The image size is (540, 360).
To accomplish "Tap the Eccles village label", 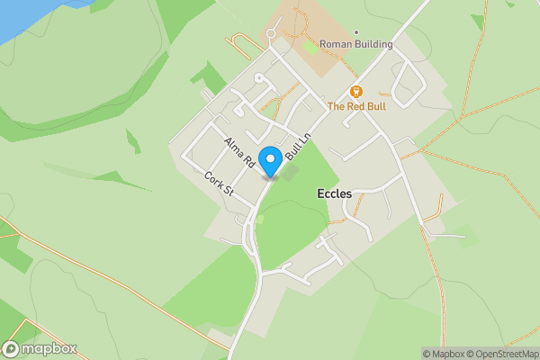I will [335, 193].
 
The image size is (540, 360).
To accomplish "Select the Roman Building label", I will [356, 44].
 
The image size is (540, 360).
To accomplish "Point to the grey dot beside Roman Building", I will [356, 32].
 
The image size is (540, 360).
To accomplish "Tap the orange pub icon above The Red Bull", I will [355, 92].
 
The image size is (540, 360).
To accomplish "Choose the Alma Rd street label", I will [239, 152].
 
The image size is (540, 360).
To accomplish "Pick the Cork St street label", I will [219, 184].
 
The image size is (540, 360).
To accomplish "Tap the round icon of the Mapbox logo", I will [12, 349].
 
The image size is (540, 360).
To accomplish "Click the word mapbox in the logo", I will [49, 349].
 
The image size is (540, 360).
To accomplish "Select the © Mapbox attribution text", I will [445, 354].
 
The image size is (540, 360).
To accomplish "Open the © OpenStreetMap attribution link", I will [505, 354].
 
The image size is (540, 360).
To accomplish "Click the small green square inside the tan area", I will [311, 46].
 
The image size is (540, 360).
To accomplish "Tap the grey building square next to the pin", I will [289, 170].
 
